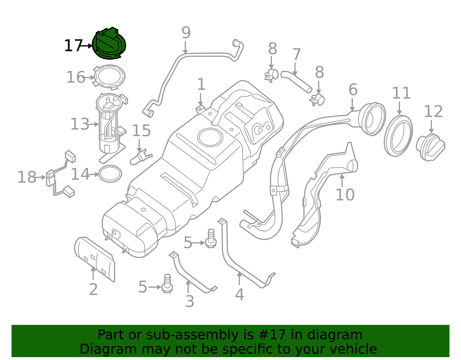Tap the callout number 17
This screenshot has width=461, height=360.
(73, 46)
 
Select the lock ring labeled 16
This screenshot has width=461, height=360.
(109, 77)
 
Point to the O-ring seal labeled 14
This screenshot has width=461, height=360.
(110, 174)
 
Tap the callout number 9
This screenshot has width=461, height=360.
(186, 33)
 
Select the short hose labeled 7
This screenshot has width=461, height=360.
(296, 81)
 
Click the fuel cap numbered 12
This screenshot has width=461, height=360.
(430, 147)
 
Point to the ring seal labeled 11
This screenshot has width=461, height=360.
(398, 136)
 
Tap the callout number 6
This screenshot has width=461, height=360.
(353, 90)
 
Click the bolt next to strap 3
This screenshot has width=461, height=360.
(167, 284)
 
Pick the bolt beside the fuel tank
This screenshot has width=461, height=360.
(211, 239)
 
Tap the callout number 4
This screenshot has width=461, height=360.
(239, 294)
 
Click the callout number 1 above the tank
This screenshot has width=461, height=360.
(201, 84)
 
